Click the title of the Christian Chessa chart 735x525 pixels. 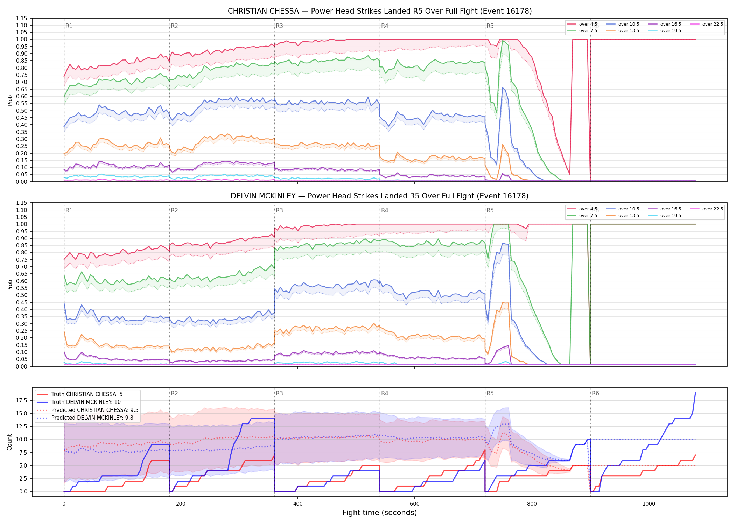coord(380,11)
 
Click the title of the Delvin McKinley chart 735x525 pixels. coord(380,196)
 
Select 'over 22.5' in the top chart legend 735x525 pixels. coord(713,24)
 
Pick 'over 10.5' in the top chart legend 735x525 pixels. coord(629,24)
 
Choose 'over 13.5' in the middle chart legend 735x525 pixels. coord(629,216)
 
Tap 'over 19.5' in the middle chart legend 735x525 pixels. coord(671,216)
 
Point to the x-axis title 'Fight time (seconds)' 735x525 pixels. coord(380,513)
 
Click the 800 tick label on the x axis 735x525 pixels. coord(532,504)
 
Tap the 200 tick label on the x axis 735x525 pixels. coord(181,504)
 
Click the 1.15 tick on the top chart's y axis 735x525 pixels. coord(21,18)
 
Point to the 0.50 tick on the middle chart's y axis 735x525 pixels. coord(21,295)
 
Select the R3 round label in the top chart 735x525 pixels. coord(279,26)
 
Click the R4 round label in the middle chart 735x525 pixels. coord(385,210)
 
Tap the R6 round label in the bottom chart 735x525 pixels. coord(595,393)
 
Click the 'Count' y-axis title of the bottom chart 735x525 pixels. coord(9,442)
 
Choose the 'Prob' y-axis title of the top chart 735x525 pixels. coord(10,100)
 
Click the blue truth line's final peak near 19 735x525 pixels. coord(695,392)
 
